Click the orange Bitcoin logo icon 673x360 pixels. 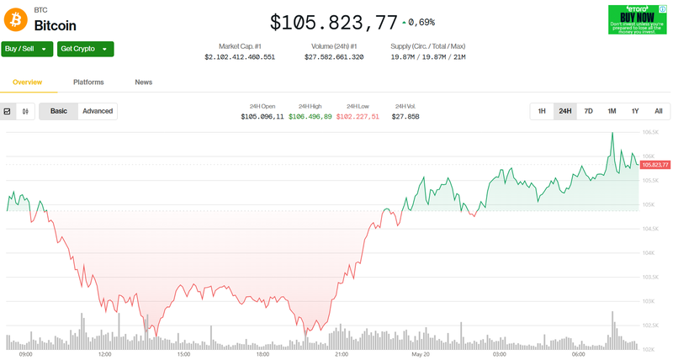click(x=16, y=19)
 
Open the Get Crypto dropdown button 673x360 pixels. click(x=85, y=49)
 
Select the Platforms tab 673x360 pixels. click(x=88, y=82)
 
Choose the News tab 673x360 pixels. click(x=144, y=82)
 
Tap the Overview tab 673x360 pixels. click(x=28, y=82)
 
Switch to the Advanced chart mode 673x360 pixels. click(x=98, y=111)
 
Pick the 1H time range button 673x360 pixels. click(x=542, y=111)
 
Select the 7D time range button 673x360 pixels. click(x=588, y=111)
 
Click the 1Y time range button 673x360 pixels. click(x=635, y=111)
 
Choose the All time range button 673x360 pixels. click(x=658, y=111)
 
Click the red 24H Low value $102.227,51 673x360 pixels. click(x=358, y=116)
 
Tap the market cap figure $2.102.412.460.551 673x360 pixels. click(x=240, y=57)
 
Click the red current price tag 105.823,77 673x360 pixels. click(x=654, y=165)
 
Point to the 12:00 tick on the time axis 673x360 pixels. click(x=105, y=354)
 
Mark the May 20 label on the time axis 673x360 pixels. click(x=421, y=354)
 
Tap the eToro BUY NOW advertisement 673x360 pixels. click(x=639, y=19)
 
